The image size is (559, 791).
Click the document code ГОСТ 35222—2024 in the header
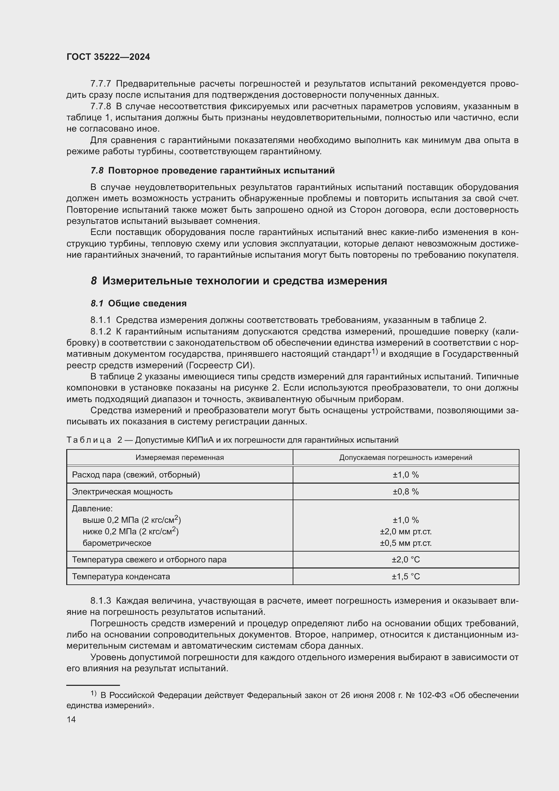[x=108, y=57]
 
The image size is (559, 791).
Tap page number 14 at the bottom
[x=71, y=719]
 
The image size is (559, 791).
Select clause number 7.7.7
[x=100, y=84]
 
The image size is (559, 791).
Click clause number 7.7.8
[x=100, y=106]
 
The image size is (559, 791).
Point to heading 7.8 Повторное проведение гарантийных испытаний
[x=212, y=170]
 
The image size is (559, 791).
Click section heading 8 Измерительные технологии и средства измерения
[x=239, y=281]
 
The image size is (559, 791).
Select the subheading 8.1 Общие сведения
[x=138, y=303]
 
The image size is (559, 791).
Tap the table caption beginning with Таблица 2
[x=232, y=440]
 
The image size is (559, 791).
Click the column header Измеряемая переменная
[x=180, y=458]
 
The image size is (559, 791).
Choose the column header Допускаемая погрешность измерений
[x=406, y=458]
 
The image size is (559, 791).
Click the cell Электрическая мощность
[x=122, y=492]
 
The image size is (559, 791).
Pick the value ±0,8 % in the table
[x=406, y=492]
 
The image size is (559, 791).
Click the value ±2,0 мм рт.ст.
[x=406, y=532]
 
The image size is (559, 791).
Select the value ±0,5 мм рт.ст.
[x=406, y=543]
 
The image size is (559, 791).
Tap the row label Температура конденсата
[x=121, y=577]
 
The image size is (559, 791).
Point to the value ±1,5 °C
[x=406, y=577]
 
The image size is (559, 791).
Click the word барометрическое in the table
[x=117, y=543]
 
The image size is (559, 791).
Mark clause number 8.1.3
[x=100, y=601]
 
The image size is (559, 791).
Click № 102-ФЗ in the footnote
[x=426, y=695]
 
